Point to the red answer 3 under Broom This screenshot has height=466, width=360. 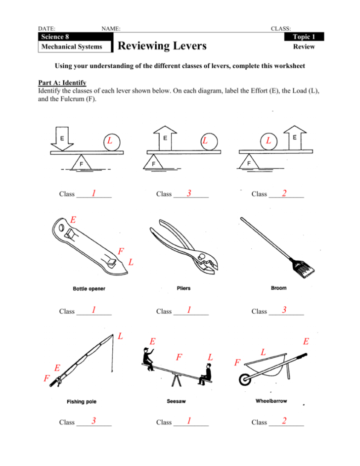click(284, 310)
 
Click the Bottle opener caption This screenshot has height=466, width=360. click(89, 288)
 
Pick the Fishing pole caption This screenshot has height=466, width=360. click(82, 401)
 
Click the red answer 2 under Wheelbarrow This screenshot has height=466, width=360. click(284, 421)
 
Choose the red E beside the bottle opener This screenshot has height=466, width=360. click(73, 220)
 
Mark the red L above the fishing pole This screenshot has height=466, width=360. click(121, 336)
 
